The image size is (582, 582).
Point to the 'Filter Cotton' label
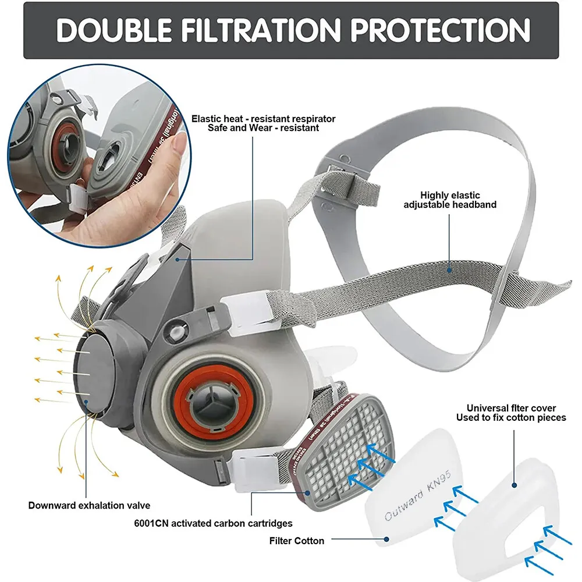(x=296, y=541)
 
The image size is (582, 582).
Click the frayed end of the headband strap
(x=559, y=285)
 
